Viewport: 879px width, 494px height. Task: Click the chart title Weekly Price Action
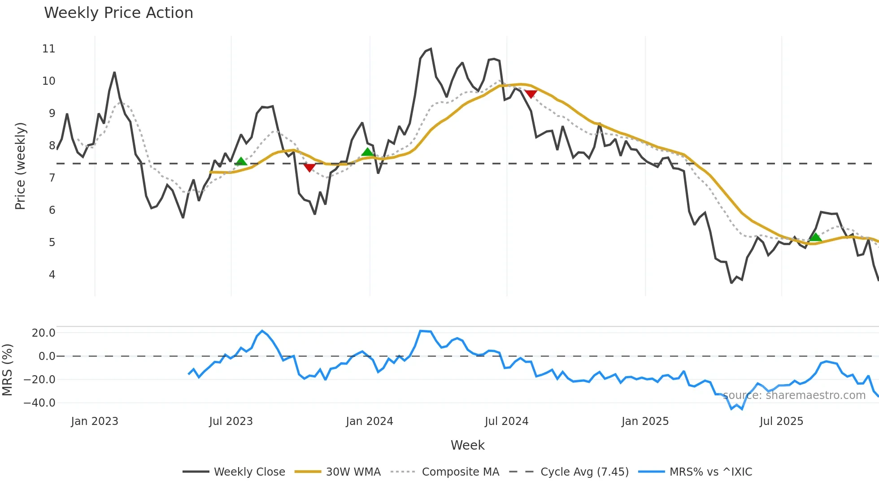(x=118, y=13)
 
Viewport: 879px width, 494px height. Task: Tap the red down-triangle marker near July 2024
(x=531, y=94)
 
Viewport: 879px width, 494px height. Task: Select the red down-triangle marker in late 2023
(x=309, y=168)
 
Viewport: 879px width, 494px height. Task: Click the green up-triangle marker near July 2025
(x=815, y=237)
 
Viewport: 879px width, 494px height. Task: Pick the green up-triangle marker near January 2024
(x=367, y=152)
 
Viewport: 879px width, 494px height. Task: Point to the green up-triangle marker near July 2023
(x=241, y=161)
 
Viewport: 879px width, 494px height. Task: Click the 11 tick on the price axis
(x=48, y=49)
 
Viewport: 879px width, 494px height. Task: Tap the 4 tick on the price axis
(x=52, y=274)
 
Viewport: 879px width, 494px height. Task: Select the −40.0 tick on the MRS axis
(x=39, y=403)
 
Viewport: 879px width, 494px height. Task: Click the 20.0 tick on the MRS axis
(x=44, y=333)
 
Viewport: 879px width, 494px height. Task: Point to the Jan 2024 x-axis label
(x=369, y=421)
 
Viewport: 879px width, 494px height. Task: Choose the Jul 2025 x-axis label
(x=781, y=421)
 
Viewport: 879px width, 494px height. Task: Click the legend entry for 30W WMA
(x=353, y=472)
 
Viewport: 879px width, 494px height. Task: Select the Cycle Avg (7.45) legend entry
(x=584, y=472)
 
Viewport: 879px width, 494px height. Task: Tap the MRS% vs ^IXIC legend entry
(x=710, y=472)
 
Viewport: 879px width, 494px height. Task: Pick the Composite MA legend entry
(x=460, y=472)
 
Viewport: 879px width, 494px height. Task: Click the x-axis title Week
(x=467, y=445)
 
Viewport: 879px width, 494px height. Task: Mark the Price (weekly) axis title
(x=20, y=166)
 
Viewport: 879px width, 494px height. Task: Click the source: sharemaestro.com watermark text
(x=794, y=395)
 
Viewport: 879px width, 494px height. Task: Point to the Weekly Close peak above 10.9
(x=431, y=49)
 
